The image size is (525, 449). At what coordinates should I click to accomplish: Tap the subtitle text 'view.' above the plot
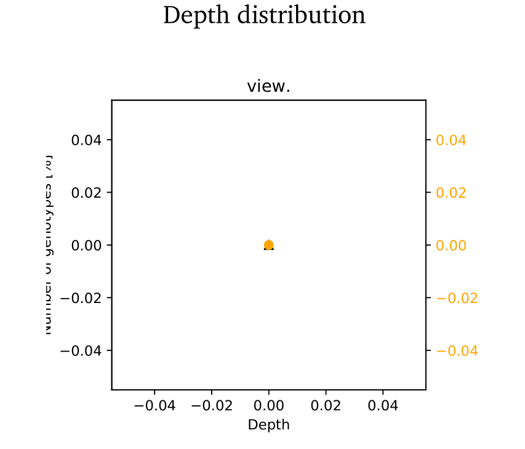point(268,86)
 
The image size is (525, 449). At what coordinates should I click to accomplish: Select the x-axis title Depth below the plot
point(268,424)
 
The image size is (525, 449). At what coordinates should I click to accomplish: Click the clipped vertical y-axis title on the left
point(48,245)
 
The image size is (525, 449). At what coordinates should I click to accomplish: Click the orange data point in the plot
point(269,245)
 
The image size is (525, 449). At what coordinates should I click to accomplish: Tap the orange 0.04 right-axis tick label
point(451,140)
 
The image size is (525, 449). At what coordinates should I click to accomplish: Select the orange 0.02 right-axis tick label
point(451,193)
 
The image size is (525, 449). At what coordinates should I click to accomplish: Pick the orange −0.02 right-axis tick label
point(457,298)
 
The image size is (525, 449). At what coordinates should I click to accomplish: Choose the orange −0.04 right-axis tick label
point(457,351)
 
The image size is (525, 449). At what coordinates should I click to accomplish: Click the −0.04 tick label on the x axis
point(154,406)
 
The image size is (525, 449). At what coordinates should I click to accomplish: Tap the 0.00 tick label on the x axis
point(269,406)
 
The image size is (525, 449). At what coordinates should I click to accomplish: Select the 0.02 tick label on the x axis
point(326,406)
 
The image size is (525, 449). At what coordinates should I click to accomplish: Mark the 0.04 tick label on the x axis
point(383,406)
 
